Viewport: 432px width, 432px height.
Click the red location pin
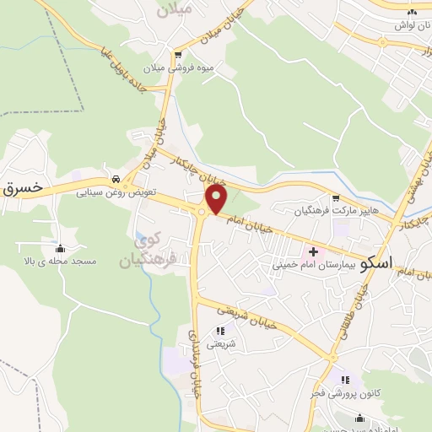217,199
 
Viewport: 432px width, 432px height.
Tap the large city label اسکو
375,262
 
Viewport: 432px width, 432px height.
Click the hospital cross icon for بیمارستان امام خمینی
314,251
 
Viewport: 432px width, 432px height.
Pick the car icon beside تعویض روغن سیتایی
114,179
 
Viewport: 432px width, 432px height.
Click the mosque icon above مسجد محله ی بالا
60,248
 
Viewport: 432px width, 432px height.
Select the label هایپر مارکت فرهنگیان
333,208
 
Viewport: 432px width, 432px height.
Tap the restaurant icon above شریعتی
221,331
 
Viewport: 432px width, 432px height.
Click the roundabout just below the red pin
203,213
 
